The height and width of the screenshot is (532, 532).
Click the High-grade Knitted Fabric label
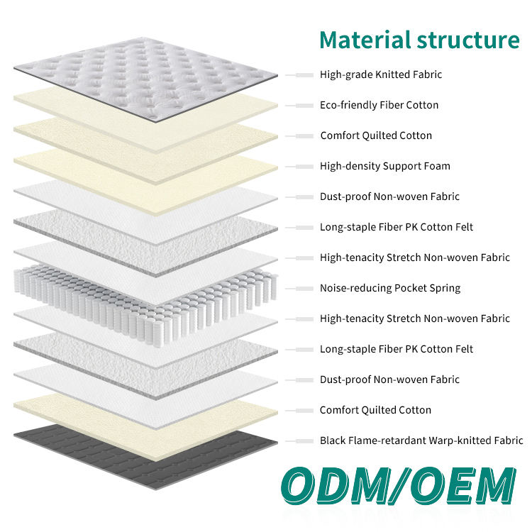click(x=381, y=74)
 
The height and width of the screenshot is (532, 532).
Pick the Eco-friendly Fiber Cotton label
click(x=379, y=105)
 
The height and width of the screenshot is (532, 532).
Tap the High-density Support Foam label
click(x=384, y=166)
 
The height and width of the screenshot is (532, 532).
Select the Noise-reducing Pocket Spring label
click(x=389, y=288)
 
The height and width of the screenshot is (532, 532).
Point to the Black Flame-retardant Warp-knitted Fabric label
click(x=421, y=440)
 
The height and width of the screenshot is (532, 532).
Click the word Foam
click(x=437, y=166)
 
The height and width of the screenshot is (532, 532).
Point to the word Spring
click(x=444, y=288)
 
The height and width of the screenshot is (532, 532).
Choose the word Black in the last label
click(x=333, y=440)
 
